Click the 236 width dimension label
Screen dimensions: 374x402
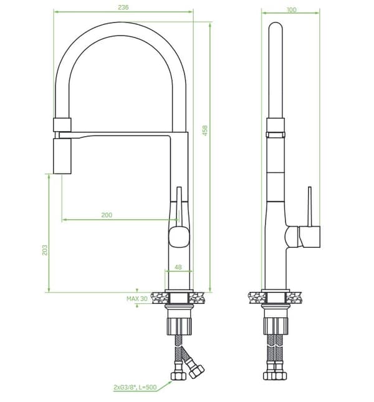tap(123, 7)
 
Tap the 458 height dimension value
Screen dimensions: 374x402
tap(205, 130)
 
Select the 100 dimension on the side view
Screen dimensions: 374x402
tap(292, 9)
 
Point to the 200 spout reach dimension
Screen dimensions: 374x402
tap(107, 215)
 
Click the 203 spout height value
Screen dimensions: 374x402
tap(44, 250)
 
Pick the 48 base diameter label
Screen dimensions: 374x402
tap(178, 267)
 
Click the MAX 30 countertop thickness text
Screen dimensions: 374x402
tap(137, 298)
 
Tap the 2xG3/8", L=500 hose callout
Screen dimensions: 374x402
tap(135, 387)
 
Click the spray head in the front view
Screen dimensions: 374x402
tap(62, 156)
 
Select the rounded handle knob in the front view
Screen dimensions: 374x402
tap(179, 237)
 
